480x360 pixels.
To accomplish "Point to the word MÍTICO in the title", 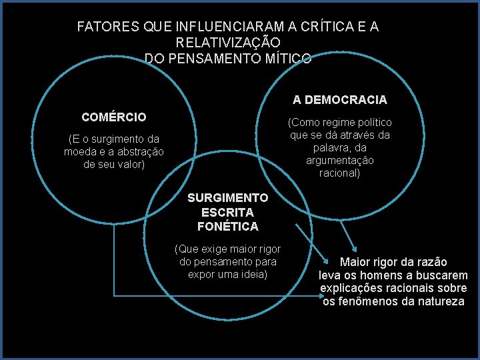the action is pyautogui.click(x=286, y=58).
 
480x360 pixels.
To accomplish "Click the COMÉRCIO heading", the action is pyautogui.click(x=114, y=117).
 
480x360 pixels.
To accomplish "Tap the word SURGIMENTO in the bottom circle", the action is pyautogui.click(x=227, y=198).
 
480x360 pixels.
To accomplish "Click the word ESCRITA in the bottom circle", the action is pyautogui.click(x=227, y=213).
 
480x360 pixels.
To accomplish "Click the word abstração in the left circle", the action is pyautogui.click(x=138, y=152).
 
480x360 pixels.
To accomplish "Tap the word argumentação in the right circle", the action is pyautogui.click(x=340, y=161).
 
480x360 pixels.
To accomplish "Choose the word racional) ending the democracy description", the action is pyautogui.click(x=340, y=173).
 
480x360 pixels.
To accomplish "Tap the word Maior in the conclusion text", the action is pyautogui.click(x=355, y=263).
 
